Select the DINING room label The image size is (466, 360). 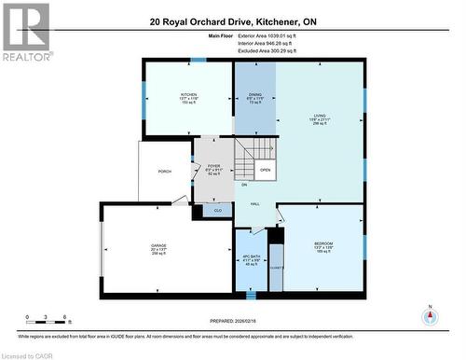(x=254, y=95)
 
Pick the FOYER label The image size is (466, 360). (x=213, y=166)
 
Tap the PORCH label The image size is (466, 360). (x=165, y=171)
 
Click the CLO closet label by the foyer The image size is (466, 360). (x=217, y=211)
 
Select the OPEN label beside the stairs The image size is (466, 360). (x=266, y=171)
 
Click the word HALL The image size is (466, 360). (x=254, y=203)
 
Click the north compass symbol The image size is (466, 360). (x=430, y=314)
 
